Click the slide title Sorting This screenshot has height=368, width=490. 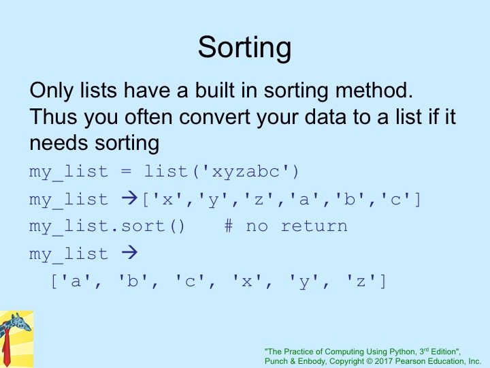click(245, 48)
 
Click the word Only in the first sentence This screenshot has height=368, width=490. click(52, 91)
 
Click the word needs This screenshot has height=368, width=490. click(59, 143)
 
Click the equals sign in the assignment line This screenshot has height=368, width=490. click(126, 172)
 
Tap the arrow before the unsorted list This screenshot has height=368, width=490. click(129, 198)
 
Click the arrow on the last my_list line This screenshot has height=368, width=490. click(129, 252)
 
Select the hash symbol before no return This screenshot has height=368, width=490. click(229, 226)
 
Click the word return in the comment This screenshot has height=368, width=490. click(314, 226)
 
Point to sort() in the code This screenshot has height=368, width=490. click(153, 226)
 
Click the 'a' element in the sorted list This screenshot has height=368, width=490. click(76, 281)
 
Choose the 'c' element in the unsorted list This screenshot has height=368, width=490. click(395, 199)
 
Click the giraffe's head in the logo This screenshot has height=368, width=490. click(19, 322)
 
